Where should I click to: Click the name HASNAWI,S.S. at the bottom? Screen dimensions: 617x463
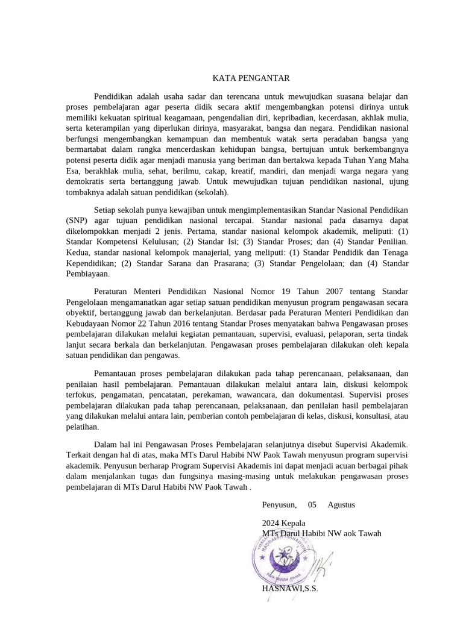click(x=289, y=588)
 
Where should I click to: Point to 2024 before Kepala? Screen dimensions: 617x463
click(x=272, y=522)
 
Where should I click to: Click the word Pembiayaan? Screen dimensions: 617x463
click(x=87, y=274)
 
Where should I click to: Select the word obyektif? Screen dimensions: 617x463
click(x=81, y=313)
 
